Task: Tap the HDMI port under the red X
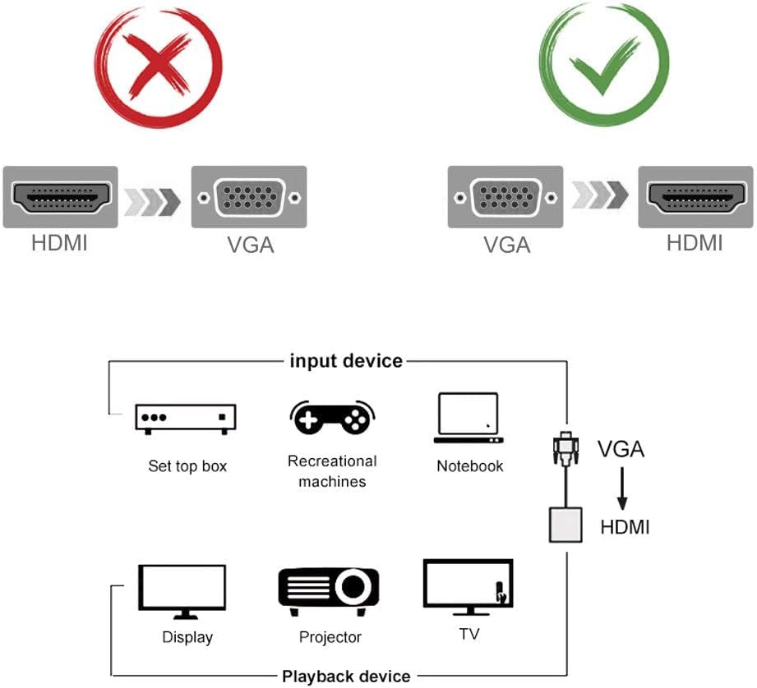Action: coord(61,197)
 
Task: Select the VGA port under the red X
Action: coord(249,197)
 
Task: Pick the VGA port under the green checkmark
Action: coord(505,197)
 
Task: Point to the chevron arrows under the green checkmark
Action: coord(600,195)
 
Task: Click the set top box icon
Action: coord(186,418)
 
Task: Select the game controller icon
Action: coord(332,417)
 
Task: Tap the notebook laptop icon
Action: coord(469,418)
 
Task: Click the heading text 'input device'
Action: coord(345,360)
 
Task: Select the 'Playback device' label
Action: coord(346,677)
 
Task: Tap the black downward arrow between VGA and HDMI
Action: coord(622,489)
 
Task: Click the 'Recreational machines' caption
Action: coord(332,471)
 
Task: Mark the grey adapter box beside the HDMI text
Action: coord(565,525)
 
